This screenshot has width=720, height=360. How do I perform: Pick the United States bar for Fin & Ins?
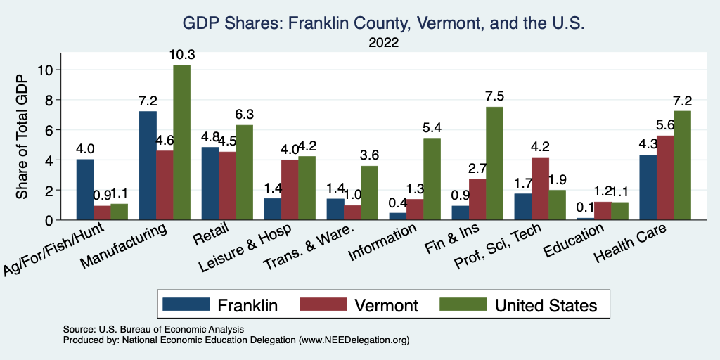click(x=494, y=163)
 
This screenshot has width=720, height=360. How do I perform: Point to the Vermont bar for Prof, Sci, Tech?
click(x=540, y=188)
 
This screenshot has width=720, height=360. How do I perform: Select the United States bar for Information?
click(x=432, y=179)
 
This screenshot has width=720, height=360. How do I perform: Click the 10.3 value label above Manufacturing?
click(x=181, y=55)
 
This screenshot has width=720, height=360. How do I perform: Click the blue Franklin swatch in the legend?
click(x=186, y=304)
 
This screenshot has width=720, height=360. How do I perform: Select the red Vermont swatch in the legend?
click(x=323, y=304)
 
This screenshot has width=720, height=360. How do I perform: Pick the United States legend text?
click(x=546, y=305)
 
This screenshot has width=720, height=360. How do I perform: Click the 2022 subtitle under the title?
click(x=384, y=44)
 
